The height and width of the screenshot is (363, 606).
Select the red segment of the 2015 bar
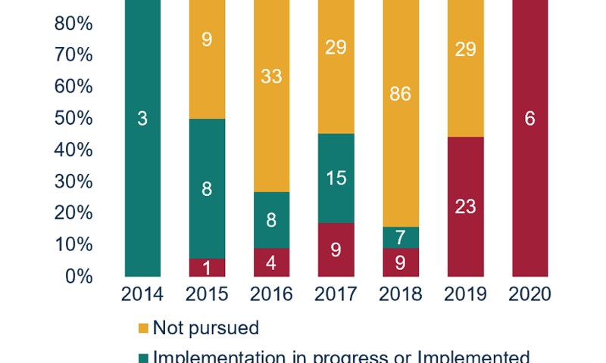coord(206,267)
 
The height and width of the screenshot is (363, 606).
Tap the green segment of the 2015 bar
coord(206,188)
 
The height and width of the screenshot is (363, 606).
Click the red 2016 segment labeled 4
coord(270,262)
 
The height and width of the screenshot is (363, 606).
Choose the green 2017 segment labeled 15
coord(336,178)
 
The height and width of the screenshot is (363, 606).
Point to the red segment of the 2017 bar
coord(336,250)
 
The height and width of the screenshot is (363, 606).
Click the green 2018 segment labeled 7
coord(400,237)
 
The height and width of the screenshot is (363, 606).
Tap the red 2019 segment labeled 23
coord(465,206)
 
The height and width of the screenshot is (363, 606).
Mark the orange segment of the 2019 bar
coord(465,68)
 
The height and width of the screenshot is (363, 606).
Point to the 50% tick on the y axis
coord(73,119)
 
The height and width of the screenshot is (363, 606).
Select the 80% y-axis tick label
coord(73,24)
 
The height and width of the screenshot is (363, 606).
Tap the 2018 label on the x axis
coord(400,295)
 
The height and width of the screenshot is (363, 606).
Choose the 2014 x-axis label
coord(142,295)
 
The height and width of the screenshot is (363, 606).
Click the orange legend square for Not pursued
coord(142,328)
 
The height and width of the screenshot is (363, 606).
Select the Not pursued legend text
coord(205,328)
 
